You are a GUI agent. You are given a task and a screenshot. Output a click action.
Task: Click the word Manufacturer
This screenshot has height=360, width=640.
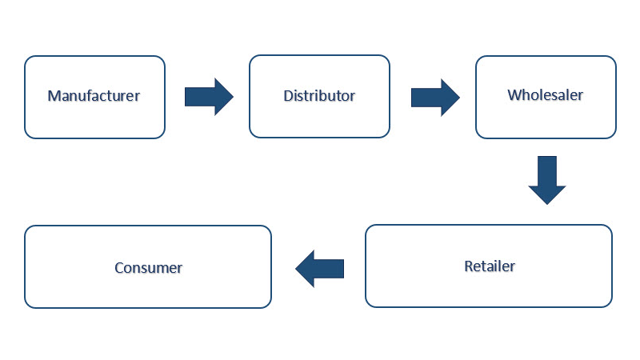[94, 96]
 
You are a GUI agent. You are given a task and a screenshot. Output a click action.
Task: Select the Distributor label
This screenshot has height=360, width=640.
[319, 96]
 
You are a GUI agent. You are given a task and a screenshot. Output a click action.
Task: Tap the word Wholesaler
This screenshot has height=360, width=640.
[546, 95]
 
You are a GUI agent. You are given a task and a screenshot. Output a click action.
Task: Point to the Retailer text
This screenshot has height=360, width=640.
[490, 266]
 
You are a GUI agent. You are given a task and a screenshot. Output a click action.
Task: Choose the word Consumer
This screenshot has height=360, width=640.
[148, 268]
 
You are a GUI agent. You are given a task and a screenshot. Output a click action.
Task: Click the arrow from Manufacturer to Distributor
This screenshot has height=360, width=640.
[208, 97]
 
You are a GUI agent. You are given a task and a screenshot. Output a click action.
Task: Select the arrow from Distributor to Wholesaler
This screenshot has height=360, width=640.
[434, 97]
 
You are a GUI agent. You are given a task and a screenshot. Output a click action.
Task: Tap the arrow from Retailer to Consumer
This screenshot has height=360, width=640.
[320, 268]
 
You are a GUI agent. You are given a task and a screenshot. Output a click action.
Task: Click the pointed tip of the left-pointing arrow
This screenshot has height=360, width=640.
[297, 268]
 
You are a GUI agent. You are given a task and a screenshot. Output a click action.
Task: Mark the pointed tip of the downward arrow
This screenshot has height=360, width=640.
[547, 203]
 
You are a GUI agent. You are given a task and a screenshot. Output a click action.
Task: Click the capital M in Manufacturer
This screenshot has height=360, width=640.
[54, 96]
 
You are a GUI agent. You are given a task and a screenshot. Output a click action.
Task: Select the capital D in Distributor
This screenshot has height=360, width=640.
[288, 96]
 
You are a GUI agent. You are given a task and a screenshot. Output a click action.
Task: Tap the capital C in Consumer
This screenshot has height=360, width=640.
[119, 268]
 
